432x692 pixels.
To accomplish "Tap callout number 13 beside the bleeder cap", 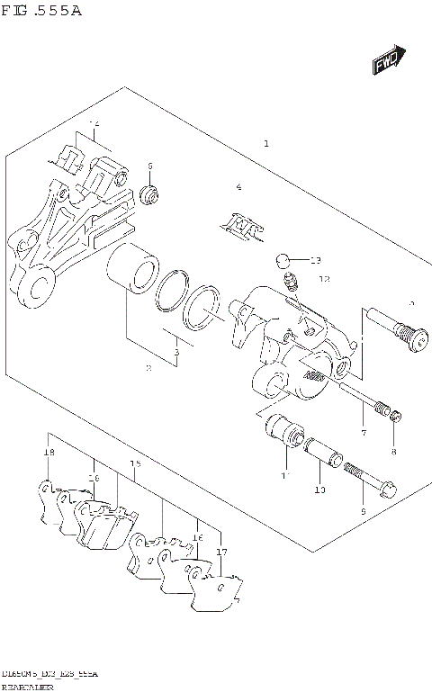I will coord(315,261).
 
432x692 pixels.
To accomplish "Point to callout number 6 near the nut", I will coord(151,166).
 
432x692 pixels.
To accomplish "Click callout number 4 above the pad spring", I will coord(238,187).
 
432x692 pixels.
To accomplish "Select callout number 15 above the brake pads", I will coord(136,464).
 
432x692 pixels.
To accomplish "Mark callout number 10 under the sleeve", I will coord(319,490).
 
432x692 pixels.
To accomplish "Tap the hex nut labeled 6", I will coord(150,193).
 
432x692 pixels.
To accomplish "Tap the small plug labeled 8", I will coord(393,414).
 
